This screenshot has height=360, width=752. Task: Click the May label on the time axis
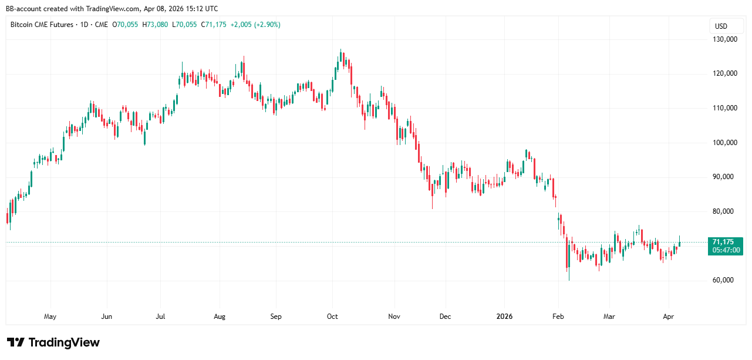(50, 317)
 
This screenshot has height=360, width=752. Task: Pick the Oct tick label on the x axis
(332, 317)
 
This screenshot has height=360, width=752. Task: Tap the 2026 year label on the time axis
(504, 317)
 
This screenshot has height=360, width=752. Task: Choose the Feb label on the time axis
(558, 317)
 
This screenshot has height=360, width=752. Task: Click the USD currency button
(720, 26)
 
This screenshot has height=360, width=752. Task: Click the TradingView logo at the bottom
(53, 342)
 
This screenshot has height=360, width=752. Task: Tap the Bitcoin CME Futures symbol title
(42, 25)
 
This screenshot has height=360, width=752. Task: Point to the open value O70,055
(127, 25)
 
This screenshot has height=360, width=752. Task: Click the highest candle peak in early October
(341, 51)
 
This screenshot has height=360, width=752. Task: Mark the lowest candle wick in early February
(569, 280)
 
